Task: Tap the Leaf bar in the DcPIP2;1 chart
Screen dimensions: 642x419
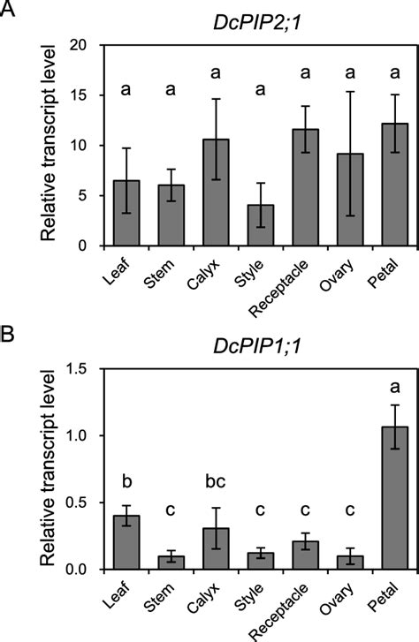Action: click(x=127, y=213)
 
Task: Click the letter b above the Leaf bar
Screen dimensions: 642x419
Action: click(x=127, y=482)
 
